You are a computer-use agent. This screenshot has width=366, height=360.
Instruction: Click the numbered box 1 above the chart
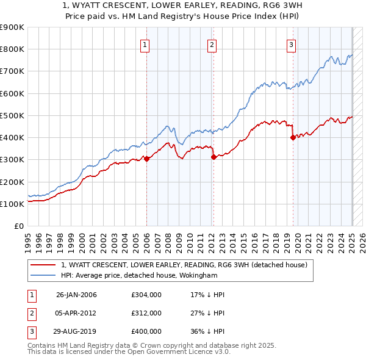click(x=146, y=44)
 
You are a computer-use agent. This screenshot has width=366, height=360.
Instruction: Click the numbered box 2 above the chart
click(x=212, y=44)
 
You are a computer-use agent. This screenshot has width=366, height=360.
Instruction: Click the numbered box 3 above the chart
click(x=292, y=44)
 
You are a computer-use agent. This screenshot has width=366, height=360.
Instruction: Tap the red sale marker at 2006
click(x=146, y=159)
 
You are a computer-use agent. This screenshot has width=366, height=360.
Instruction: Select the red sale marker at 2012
click(x=213, y=157)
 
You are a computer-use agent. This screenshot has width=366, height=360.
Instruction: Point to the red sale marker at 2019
click(x=293, y=137)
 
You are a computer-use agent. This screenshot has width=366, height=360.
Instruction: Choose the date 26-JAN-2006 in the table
click(x=76, y=295)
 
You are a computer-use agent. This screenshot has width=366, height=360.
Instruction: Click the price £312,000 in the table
click(x=146, y=313)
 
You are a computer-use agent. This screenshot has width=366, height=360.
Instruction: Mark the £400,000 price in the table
click(x=146, y=331)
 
